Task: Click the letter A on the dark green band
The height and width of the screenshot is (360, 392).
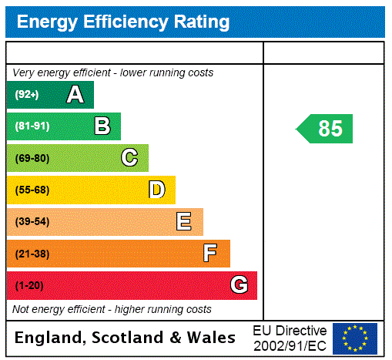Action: point(75,95)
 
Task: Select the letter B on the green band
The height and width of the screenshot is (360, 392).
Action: point(102,126)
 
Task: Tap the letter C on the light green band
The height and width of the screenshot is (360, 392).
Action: point(129,158)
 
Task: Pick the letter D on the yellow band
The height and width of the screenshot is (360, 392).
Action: point(156,190)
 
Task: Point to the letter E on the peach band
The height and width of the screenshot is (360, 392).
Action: point(184,222)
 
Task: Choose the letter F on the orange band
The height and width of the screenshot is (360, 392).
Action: point(210,254)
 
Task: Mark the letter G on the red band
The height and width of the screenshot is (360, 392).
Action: point(239,286)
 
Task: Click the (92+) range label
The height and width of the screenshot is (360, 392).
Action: point(27,95)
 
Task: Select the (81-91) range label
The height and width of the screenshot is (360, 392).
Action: point(32,126)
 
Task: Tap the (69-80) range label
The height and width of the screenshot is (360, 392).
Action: point(32,158)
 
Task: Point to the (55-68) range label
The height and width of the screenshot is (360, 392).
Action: point(32,190)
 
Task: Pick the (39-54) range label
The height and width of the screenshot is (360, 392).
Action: point(32,222)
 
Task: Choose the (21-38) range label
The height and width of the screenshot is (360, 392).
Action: point(32,254)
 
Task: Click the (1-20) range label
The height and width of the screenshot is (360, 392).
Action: point(29,286)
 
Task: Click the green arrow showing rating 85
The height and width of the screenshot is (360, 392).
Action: point(326,129)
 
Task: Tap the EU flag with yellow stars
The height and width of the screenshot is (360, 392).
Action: point(355,338)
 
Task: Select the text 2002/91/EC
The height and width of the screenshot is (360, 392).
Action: point(290,345)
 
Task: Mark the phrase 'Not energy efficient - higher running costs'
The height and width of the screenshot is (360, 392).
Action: point(112,309)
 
